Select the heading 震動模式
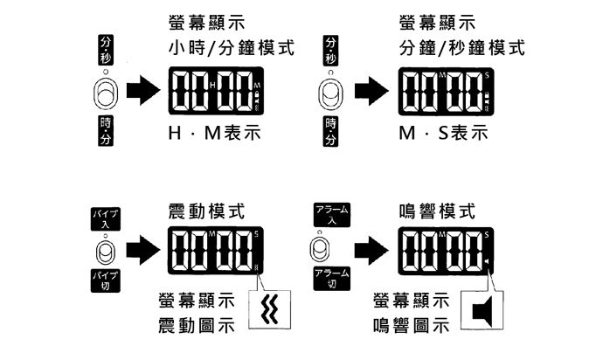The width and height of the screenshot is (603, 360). pyautogui.click(x=206, y=211)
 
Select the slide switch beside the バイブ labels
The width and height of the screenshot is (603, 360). pyautogui.click(x=107, y=252)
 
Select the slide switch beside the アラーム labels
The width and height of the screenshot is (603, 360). pyautogui.click(x=321, y=249)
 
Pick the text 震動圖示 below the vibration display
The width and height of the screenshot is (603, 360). pyautogui.click(x=193, y=326)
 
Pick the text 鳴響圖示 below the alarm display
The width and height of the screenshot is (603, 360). pyautogui.click(x=411, y=326)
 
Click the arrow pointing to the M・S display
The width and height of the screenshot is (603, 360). pyautogui.click(x=372, y=90)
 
